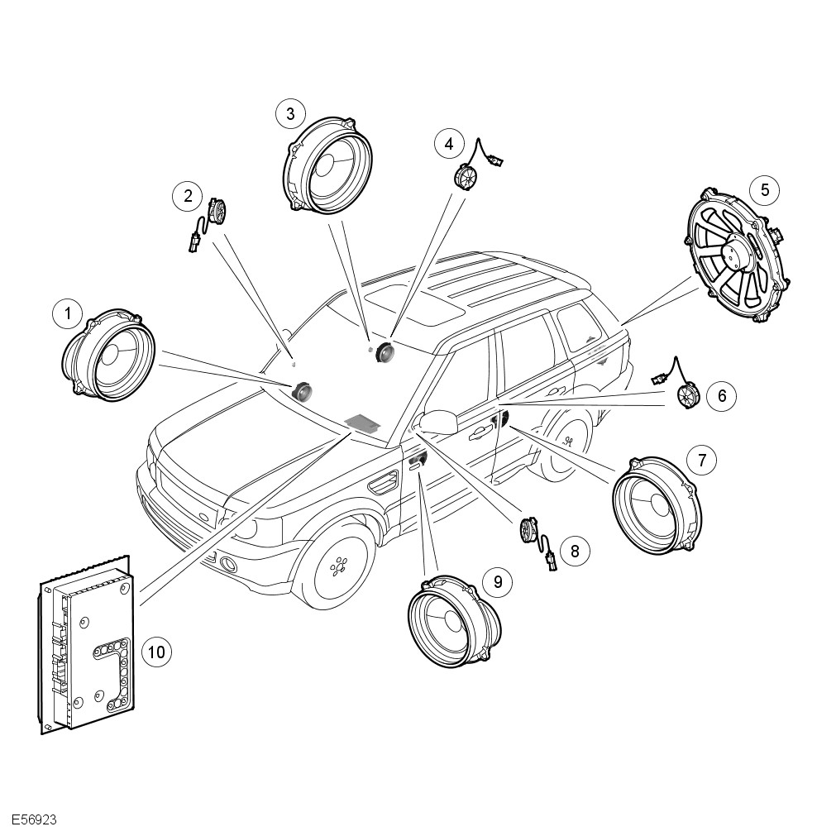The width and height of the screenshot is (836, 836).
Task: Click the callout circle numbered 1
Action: [68, 313]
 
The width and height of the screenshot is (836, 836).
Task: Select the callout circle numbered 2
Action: [189, 196]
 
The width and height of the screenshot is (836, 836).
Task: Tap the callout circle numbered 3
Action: [290, 114]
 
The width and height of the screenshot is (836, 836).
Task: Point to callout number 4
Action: [449, 144]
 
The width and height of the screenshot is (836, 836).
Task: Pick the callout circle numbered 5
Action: [765, 190]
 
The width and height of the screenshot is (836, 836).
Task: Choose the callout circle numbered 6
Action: [722, 396]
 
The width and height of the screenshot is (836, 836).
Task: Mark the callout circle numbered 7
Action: [702, 460]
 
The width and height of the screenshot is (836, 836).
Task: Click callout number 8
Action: [574, 550]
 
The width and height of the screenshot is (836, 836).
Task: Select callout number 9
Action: [498, 582]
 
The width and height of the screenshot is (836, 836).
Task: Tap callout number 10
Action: [155, 652]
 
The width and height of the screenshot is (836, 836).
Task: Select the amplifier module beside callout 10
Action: [88, 645]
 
